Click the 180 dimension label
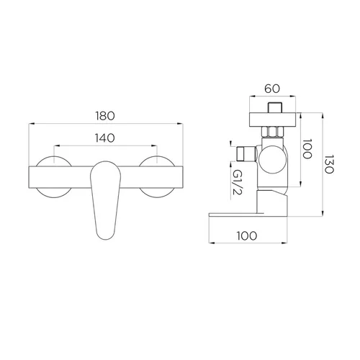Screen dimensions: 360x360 point(105,116)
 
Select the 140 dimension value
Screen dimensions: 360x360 point(105,138)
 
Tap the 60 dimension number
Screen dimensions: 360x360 point(272,89)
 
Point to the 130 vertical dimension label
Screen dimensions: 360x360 point(328,164)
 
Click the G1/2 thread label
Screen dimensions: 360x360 point(237,183)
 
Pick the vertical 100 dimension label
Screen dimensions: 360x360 point(307,149)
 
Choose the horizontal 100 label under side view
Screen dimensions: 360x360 point(247,235)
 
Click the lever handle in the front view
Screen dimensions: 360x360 point(105,200)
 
